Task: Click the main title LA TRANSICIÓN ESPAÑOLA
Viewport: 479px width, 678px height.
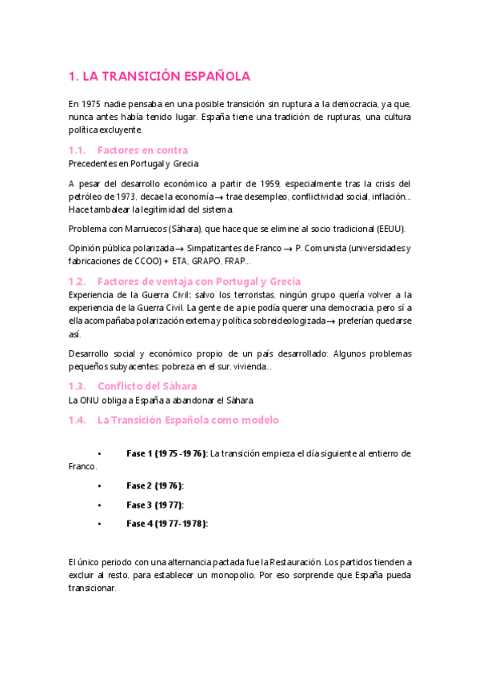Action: [159, 76]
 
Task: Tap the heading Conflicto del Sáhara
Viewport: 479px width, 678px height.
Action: [146, 386]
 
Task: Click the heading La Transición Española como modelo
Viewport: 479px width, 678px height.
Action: [187, 420]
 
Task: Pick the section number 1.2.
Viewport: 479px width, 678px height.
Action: [78, 281]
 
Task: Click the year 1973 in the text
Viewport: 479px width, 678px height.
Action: [121, 196]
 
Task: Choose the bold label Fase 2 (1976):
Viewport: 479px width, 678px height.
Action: [154, 485]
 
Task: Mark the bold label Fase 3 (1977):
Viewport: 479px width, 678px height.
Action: [154, 505]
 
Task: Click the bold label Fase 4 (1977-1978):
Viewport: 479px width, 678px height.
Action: [166, 524]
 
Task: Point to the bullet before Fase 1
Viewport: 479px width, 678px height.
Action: [98, 453]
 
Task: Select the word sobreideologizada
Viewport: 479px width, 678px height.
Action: [278, 321]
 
